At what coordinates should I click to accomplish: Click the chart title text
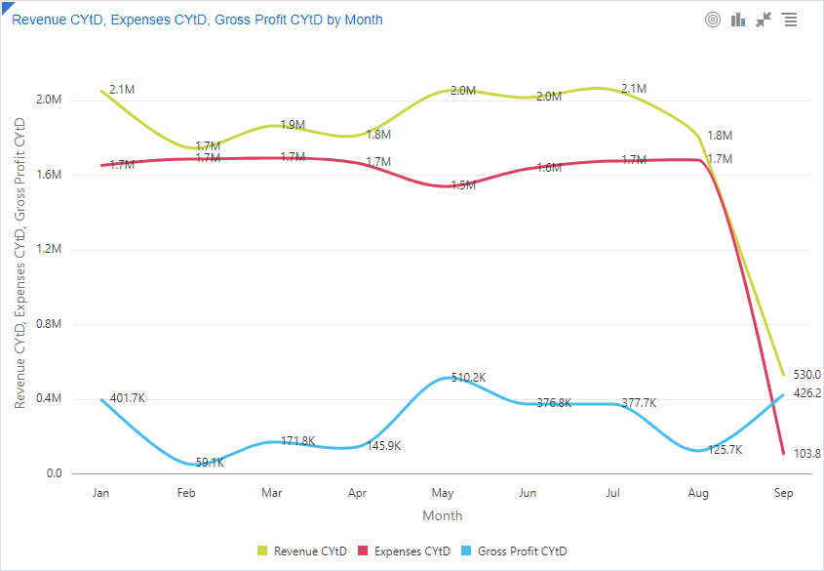(x=197, y=20)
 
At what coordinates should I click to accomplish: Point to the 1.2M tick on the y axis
(x=48, y=250)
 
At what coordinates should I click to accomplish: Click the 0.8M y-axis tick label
(x=48, y=324)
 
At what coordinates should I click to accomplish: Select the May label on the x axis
(x=443, y=493)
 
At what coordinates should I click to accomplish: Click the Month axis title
(x=443, y=515)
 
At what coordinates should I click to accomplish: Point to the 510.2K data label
(x=467, y=378)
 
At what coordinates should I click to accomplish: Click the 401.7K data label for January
(x=128, y=398)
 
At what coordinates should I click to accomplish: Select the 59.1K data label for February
(x=210, y=462)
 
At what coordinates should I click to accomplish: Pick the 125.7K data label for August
(x=725, y=450)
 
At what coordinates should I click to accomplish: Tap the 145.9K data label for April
(x=383, y=446)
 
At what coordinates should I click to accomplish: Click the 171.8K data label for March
(x=297, y=441)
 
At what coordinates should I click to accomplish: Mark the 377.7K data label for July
(x=639, y=403)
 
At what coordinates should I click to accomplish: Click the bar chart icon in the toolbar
(x=738, y=20)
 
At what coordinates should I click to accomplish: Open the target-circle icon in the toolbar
(x=713, y=20)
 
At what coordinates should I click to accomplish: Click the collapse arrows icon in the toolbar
(x=764, y=20)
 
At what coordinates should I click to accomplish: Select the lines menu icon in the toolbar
(x=789, y=20)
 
